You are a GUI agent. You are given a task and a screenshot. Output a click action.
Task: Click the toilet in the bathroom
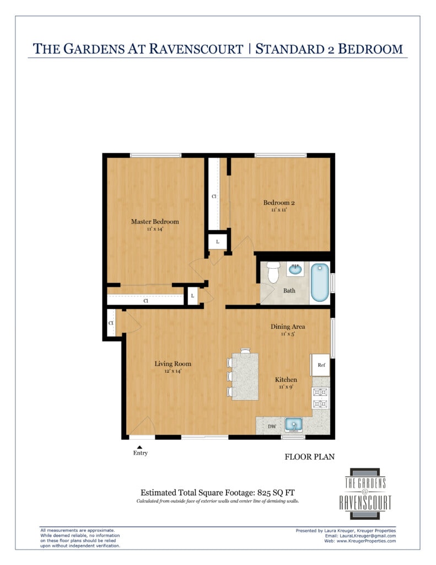(273, 271)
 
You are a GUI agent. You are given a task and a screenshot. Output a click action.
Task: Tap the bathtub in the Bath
(320, 282)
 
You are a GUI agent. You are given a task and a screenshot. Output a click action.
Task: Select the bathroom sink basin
(295, 269)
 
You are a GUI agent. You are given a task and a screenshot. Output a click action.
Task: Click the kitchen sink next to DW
(294, 425)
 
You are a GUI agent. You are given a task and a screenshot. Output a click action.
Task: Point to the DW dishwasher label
(272, 427)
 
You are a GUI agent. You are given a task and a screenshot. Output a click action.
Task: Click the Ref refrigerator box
(321, 365)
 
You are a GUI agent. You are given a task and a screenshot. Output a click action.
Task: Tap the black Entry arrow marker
(139, 447)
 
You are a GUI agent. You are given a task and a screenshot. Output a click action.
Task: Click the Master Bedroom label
(155, 222)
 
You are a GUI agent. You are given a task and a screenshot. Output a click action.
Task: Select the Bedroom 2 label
(279, 202)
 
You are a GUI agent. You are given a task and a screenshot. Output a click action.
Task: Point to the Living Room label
(173, 364)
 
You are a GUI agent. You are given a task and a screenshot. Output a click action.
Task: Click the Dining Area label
(288, 327)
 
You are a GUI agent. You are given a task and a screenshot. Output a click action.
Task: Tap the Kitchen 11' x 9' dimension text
(286, 387)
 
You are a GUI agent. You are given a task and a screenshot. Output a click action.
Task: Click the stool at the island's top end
(245, 350)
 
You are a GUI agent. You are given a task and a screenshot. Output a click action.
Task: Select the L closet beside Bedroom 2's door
(218, 242)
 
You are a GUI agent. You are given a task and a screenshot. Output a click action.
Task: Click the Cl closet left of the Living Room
(111, 323)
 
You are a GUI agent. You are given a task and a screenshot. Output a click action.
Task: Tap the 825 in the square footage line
(264, 493)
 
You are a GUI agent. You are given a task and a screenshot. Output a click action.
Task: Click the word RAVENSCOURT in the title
(196, 49)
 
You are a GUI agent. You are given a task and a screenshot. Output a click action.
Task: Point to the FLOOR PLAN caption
(310, 457)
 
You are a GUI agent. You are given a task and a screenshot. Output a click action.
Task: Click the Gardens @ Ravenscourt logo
(365, 494)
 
